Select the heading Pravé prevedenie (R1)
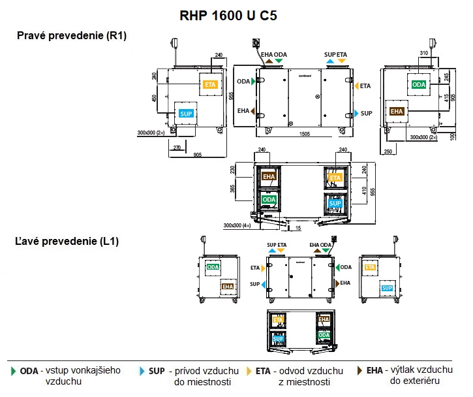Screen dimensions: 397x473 [x=72, y=36]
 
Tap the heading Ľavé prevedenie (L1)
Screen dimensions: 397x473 [x=66, y=242]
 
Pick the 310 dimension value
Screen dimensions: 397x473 [x=423, y=53]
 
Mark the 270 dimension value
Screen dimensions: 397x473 [x=176, y=147]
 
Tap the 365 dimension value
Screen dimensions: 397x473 [x=233, y=189]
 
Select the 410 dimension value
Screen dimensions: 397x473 [x=364, y=190]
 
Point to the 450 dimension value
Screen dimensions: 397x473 [x=154, y=99]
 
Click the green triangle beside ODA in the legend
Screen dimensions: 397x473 [x=13, y=371]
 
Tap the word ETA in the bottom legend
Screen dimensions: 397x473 [x=263, y=371]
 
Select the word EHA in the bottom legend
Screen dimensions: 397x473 [x=374, y=370]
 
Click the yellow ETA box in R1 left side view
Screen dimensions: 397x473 [x=210, y=84]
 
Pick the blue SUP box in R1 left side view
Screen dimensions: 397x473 [x=186, y=113]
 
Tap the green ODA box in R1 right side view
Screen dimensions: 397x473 [x=418, y=84]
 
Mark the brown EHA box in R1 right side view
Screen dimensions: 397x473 [x=397, y=111]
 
